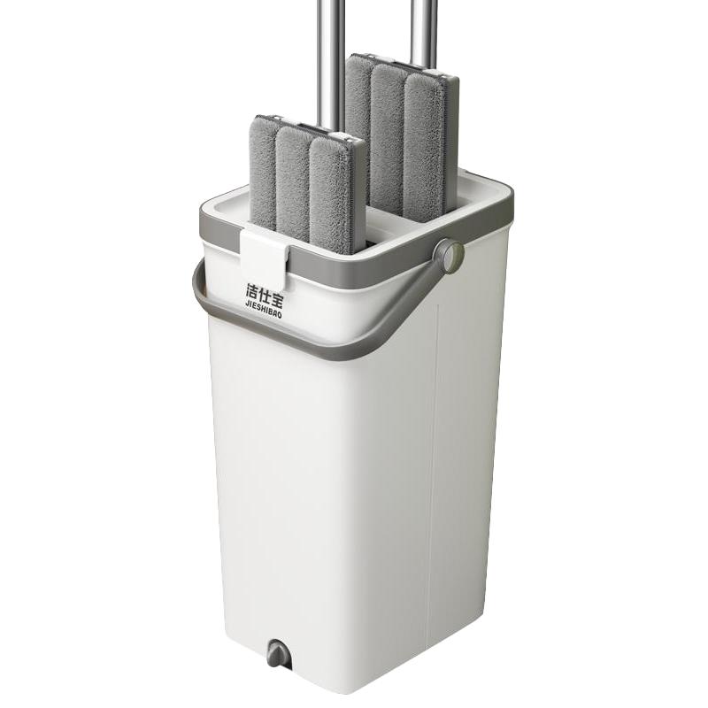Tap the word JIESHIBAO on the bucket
264,309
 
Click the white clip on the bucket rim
265,258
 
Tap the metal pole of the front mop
331,68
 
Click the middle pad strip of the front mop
293,183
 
